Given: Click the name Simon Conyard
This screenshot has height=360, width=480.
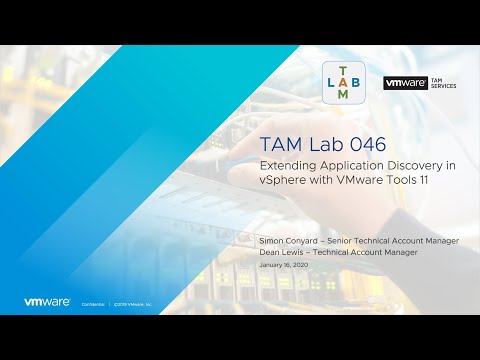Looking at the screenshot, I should point(286,242).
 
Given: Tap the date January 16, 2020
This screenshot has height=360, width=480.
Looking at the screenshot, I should point(283,265).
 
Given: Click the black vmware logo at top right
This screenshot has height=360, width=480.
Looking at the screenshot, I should point(406,83).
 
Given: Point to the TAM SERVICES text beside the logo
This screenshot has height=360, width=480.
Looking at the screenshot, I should point(443,83).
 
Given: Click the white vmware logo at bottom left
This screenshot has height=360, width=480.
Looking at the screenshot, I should point(46,301).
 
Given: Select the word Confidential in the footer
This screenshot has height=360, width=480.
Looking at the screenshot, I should point(91,302).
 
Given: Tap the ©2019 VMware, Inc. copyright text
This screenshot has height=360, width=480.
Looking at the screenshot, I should point(133,302).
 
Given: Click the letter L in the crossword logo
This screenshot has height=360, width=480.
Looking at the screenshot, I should point(332,82).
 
